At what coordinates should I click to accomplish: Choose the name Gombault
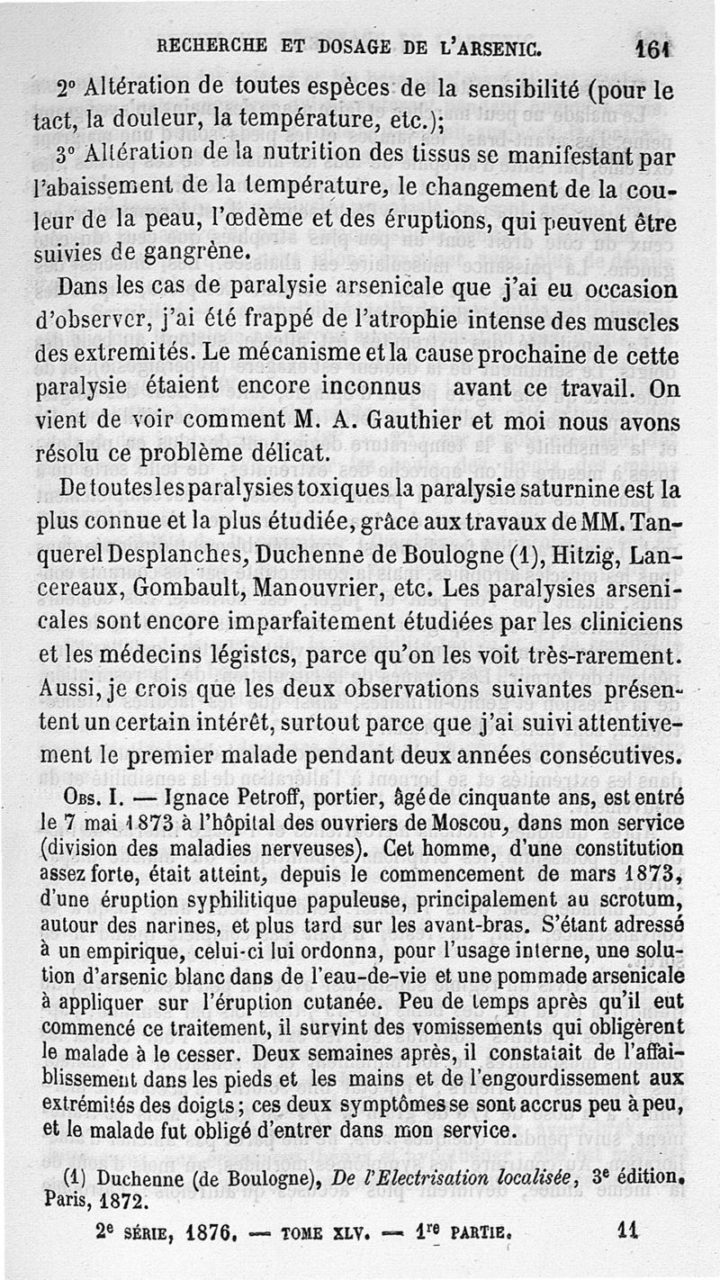coord(190,590)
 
